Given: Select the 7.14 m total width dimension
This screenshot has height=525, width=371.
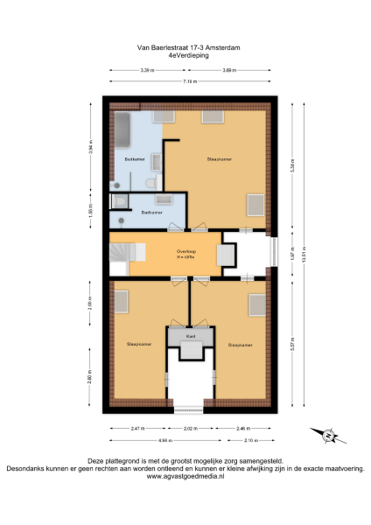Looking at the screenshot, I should [x=189, y=80].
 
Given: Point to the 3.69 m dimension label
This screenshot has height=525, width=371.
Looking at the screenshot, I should [x=228, y=70].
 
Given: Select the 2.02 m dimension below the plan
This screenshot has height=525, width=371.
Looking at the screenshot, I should [x=189, y=429].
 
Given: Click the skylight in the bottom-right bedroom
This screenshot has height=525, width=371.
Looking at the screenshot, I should [x=257, y=306].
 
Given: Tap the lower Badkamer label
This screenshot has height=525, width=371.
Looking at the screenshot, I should [x=150, y=212].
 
